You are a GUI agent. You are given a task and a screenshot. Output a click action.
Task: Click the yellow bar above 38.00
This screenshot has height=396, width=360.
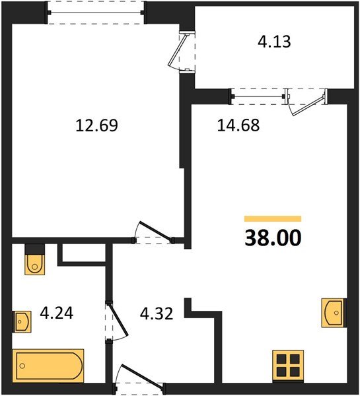[272, 218]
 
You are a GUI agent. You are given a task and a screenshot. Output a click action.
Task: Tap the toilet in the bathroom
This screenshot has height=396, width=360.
[34, 261]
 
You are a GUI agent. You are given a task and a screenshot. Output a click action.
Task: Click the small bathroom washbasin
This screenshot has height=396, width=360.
[22, 323]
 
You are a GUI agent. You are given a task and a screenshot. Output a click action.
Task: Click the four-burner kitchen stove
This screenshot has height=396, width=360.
[288, 366]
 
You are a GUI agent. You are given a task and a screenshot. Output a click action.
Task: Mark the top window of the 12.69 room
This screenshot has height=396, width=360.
[96, 13]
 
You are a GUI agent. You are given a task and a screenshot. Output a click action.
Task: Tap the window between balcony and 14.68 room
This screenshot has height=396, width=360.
[258, 97]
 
